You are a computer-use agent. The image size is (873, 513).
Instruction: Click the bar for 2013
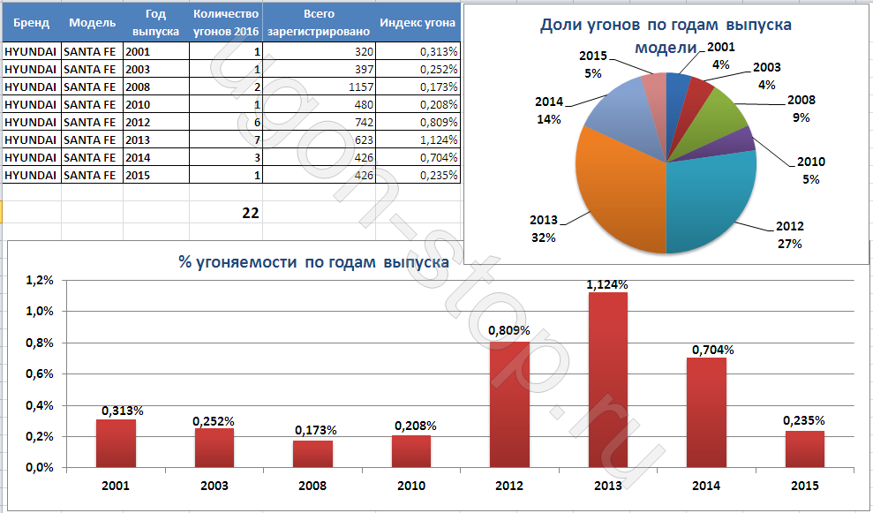point(608,380)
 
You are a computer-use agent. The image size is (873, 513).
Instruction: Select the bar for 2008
point(313,454)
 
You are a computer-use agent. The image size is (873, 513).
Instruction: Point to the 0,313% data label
point(123,411)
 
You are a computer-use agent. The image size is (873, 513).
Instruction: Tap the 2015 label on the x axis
point(805,486)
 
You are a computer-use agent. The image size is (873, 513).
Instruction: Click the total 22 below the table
point(251,213)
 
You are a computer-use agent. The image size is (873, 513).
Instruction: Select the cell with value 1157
point(361,87)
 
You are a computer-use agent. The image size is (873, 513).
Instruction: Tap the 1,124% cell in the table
point(439,140)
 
